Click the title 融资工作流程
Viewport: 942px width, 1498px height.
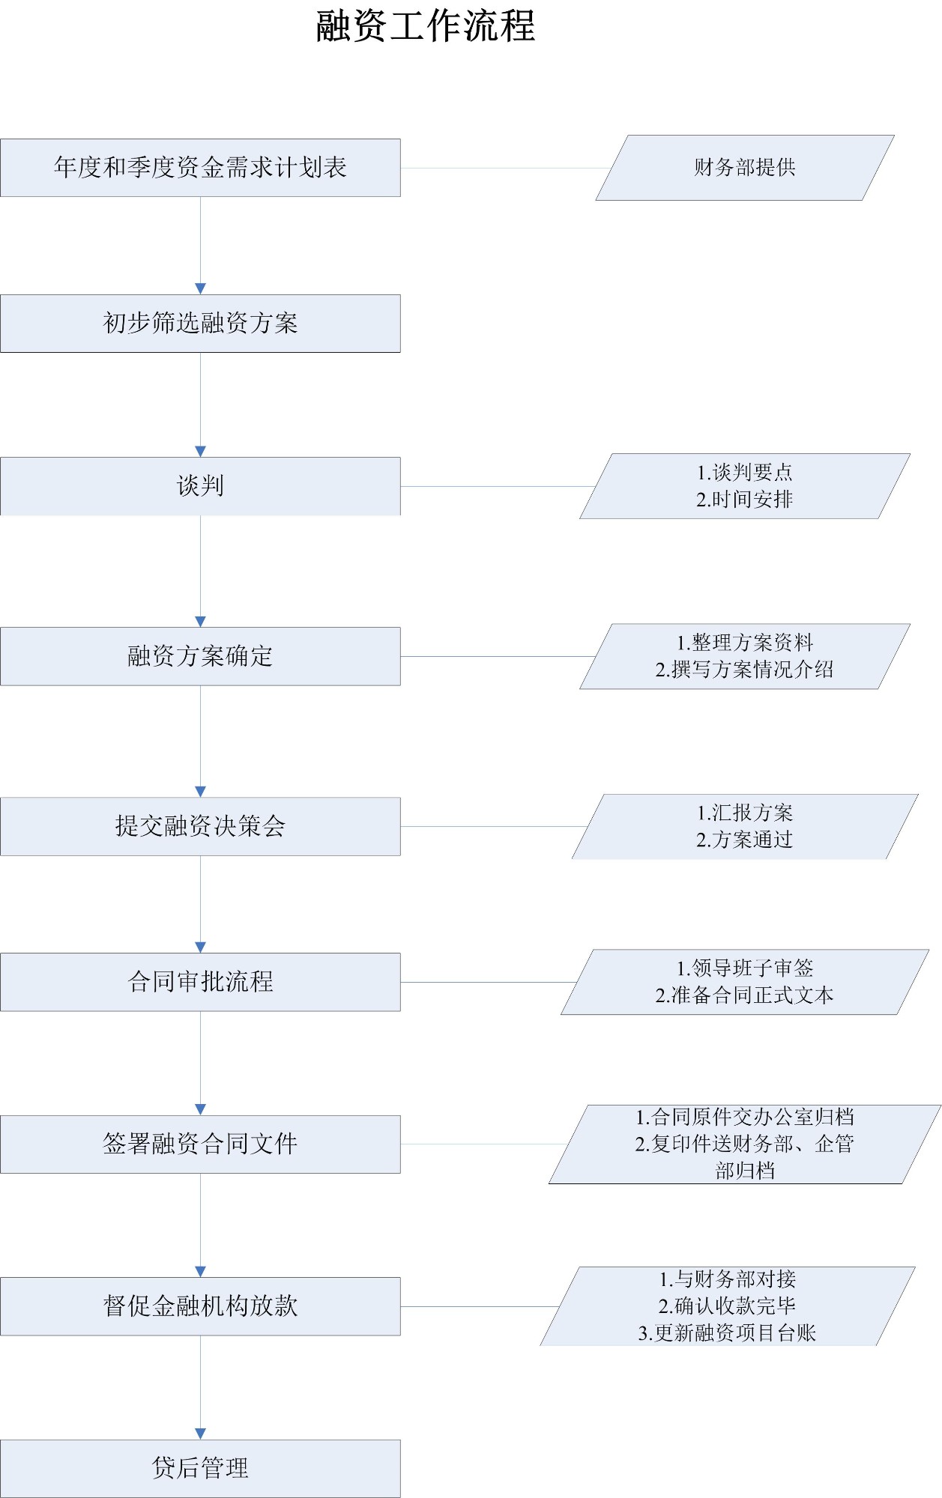click(x=425, y=26)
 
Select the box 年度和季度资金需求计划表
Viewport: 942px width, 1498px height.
click(x=200, y=168)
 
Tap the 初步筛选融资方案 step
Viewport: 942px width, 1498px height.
click(x=200, y=324)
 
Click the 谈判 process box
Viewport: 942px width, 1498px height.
click(x=200, y=486)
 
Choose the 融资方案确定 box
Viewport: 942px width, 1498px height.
click(x=200, y=656)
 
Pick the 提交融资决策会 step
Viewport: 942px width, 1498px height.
click(x=200, y=826)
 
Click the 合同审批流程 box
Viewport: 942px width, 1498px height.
click(x=200, y=982)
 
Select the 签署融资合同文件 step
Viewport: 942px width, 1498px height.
click(x=200, y=1144)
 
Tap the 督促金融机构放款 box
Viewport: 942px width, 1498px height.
click(x=200, y=1306)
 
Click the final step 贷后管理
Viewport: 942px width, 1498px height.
click(x=200, y=1468)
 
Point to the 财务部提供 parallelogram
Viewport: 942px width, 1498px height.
click(x=744, y=168)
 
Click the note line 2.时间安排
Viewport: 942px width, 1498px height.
click(x=744, y=500)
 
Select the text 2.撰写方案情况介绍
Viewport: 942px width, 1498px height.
click(x=744, y=670)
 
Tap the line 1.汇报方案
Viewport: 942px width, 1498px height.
click(x=744, y=813)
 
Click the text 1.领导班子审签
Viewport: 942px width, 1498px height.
click(x=744, y=968)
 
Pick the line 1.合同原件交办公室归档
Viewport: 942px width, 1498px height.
click(x=744, y=1118)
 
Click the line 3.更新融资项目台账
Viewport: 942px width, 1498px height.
click(x=727, y=1333)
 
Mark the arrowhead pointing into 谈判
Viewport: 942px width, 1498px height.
click(x=200, y=452)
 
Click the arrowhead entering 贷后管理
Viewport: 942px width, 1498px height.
click(x=200, y=1434)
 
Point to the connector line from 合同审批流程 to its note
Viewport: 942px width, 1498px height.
click(x=487, y=982)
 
